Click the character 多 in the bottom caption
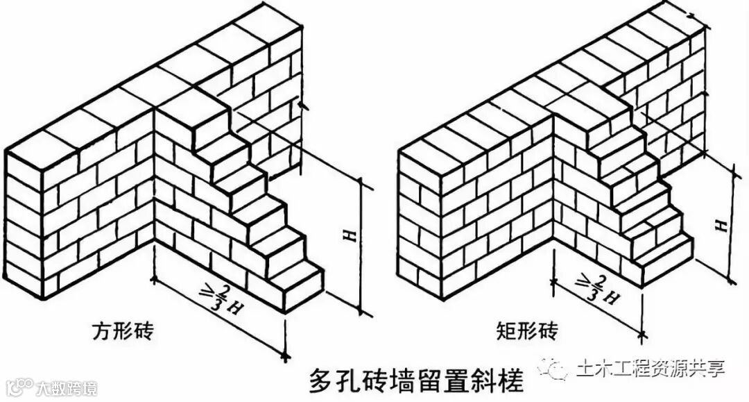(x=318, y=381)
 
